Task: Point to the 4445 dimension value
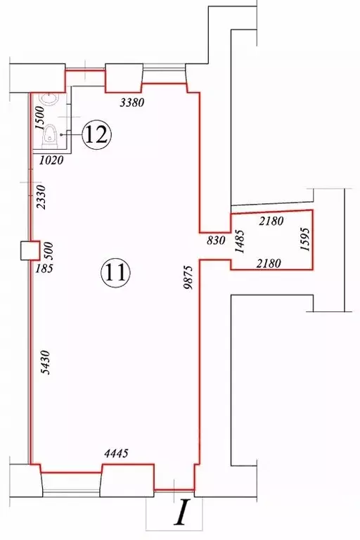pos(116,454)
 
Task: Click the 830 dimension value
pos(216,240)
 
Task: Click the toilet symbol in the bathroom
pos(51,134)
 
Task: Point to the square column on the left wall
pos(29,250)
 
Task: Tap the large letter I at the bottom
pos(182,513)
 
